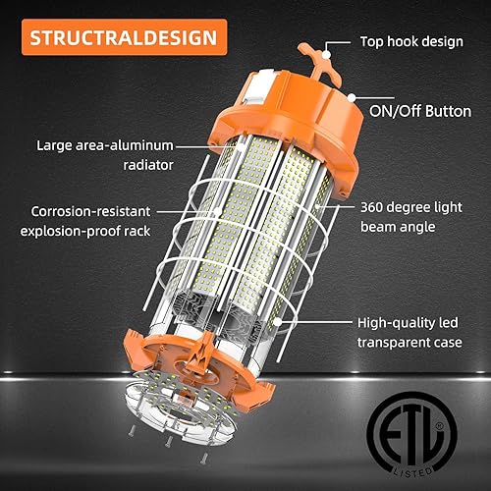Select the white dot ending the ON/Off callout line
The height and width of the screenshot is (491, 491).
pos(351,94)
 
